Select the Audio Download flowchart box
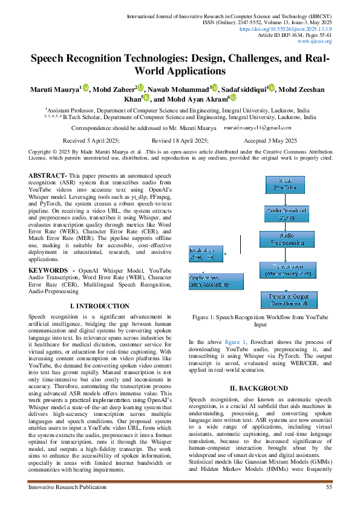287,213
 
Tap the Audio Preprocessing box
287,239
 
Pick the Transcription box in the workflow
287,270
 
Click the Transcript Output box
289,300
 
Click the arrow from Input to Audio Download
287,199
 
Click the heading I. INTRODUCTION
100,307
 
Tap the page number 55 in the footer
329,487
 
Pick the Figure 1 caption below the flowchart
260,320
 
